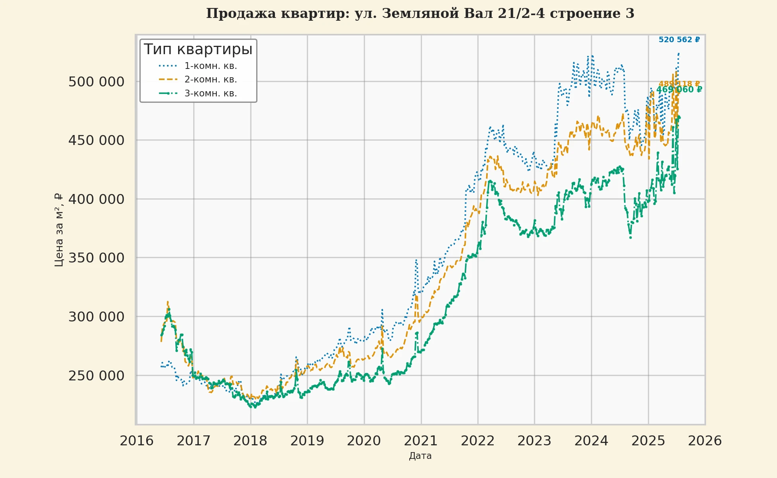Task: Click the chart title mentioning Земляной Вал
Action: click(x=420, y=14)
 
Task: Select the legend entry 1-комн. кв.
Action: click(x=210, y=66)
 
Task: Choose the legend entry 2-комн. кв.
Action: click(x=210, y=80)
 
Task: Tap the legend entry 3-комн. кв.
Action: click(x=210, y=94)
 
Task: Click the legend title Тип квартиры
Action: click(x=198, y=49)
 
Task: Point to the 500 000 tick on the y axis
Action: click(x=96, y=82)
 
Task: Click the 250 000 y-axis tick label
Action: click(x=96, y=376)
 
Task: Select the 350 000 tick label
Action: click(x=96, y=258)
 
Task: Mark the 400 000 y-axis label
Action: click(x=96, y=199)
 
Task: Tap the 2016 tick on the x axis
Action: click(x=137, y=441)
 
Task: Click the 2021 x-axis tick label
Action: click(x=421, y=441)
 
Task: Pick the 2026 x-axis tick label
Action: click(x=705, y=441)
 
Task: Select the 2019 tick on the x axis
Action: click(x=307, y=441)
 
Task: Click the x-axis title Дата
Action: click(x=420, y=456)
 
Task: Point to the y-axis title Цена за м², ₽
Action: click(x=59, y=230)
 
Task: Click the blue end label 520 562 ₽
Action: click(x=679, y=40)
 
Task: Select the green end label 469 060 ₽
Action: click(x=679, y=90)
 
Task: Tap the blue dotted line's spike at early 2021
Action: click(x=416, y=260)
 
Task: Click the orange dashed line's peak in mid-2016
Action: click(x=168, y=302)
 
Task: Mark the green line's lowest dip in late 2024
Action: click(x=630, y=237)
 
